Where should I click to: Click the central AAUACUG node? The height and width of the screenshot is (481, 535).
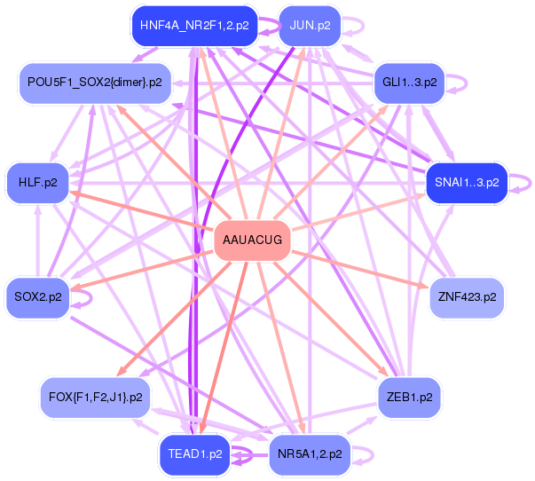click(x=253, y=240)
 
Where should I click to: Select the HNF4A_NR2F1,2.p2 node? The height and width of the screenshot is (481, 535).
click(x=193, y=26)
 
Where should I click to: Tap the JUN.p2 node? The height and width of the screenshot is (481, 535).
click(x=309, y=26)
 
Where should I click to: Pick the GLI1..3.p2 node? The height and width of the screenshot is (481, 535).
click(x=409, y=82)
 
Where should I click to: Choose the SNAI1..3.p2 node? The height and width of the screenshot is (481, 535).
click(x=466, y=183)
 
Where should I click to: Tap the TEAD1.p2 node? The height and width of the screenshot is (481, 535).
click(x=194, y=453)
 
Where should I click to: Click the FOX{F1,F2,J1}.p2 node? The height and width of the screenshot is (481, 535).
click(x=96, y=397)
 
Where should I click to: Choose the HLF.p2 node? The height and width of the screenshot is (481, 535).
click(x=37, y=183)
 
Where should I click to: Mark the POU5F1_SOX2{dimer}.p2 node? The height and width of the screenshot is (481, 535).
click(x=95, y=82)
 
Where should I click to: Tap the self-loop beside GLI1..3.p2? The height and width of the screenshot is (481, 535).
click(x=455, y=82)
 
